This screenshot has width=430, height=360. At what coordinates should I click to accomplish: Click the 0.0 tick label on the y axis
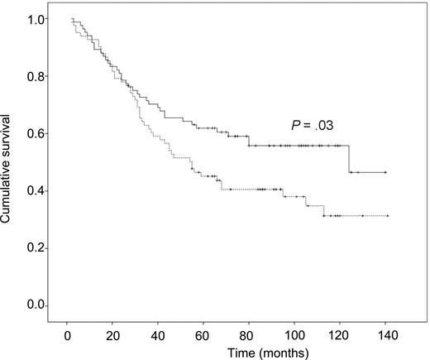point(32,305)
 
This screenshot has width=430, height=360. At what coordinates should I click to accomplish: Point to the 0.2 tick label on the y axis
point(32,248)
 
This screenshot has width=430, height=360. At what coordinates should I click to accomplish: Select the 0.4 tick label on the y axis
point(32,191)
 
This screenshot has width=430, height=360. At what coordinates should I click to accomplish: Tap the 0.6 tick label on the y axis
point(32,133)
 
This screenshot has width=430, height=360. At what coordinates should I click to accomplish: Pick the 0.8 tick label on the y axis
point(32,76)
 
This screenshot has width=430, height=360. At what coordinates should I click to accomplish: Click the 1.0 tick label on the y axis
point(32,19)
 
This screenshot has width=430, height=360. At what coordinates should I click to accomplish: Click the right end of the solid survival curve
point(386,172)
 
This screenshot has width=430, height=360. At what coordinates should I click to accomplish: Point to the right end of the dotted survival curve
point(387,216)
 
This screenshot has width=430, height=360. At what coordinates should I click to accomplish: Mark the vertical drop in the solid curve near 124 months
point(350,159)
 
